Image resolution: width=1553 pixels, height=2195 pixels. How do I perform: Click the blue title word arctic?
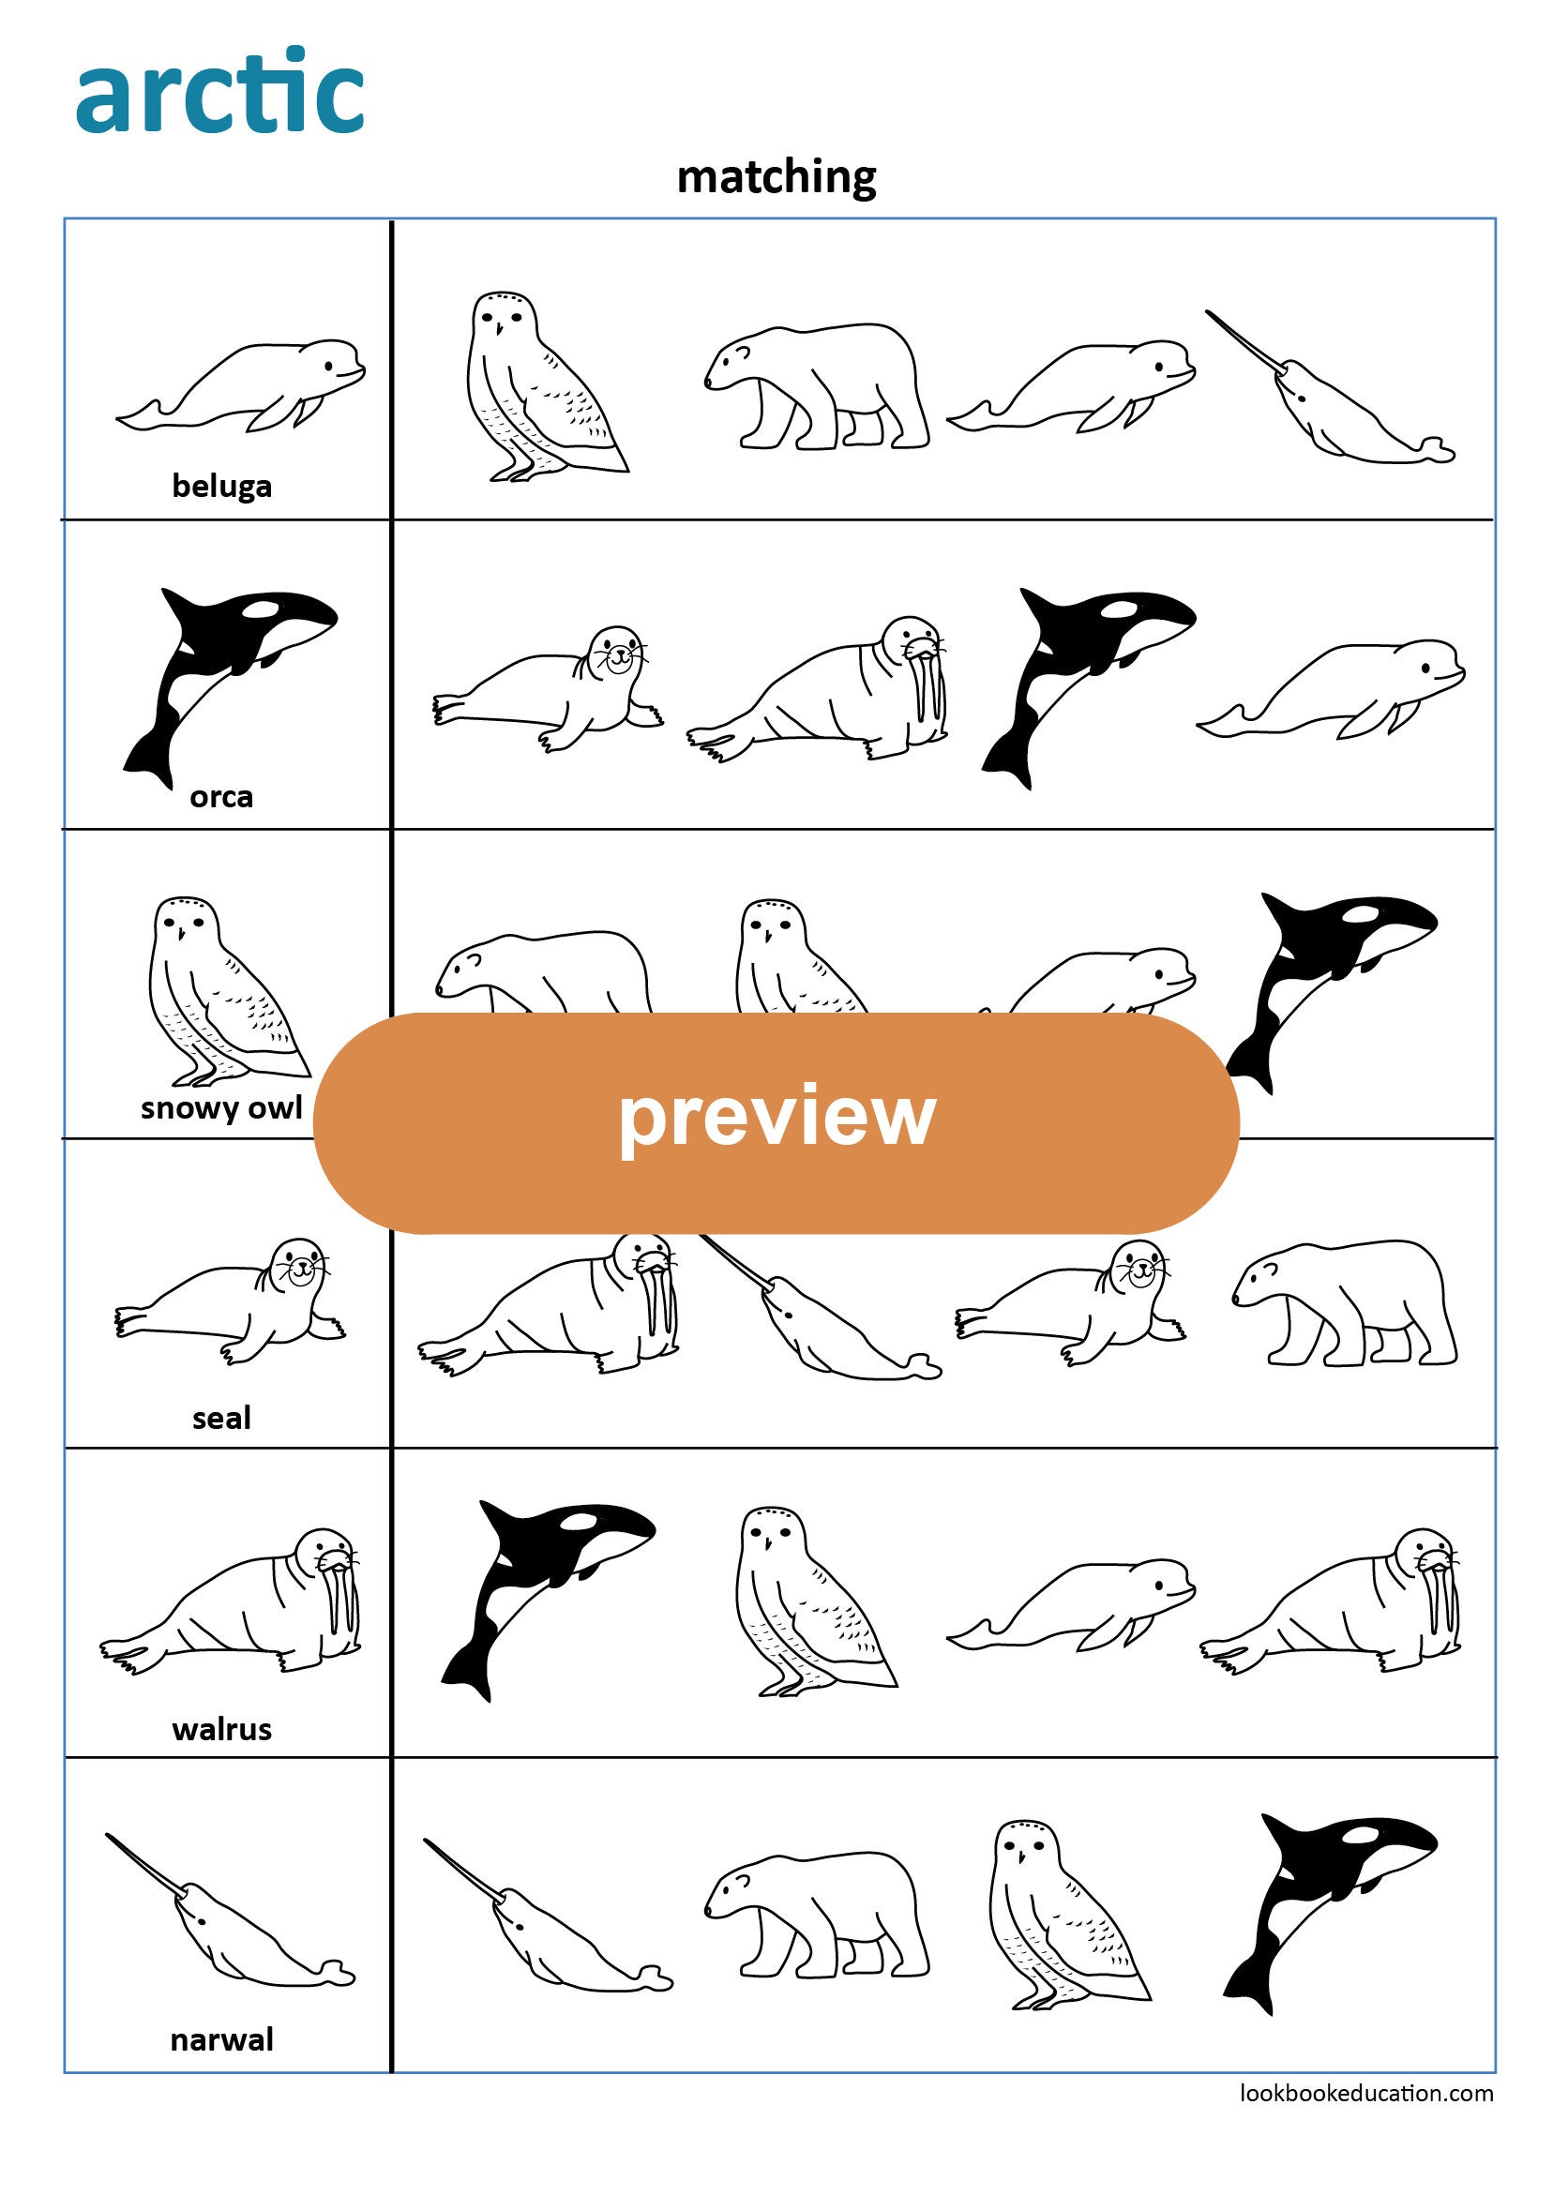(220, 92)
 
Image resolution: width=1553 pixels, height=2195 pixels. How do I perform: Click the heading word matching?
(776, 178)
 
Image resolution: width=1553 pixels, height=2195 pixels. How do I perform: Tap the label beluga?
(222, 486)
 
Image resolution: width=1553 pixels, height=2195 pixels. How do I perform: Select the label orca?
(222, 796)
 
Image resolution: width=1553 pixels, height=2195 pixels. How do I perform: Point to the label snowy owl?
(221, 1107)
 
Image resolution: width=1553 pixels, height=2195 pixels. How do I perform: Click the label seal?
(222, 1418)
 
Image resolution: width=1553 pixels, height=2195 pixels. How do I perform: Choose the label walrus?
(222, 1728)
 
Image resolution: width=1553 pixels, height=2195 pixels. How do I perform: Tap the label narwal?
(222, 2039)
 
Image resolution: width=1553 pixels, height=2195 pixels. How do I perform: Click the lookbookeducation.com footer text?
(1365, 2093)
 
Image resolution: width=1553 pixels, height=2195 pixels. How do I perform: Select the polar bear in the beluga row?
(818, 387)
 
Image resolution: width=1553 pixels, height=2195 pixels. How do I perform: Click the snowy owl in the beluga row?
(535, 387)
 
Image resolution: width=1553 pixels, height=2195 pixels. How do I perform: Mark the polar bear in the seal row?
(1344, 1305)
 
